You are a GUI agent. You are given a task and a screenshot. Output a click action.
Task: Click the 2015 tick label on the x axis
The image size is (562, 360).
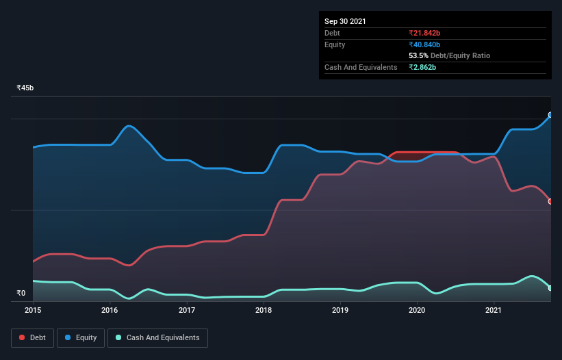coord(33,311)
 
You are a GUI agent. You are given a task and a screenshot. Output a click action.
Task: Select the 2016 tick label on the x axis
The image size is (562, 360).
coord(110,311)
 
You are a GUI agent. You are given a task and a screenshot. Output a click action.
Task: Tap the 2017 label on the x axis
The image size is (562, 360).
coord(187,311)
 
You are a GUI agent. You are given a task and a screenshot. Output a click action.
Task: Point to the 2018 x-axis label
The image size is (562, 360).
coord(264,311)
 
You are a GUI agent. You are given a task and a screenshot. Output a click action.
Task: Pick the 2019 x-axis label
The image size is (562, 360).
coord(341,311)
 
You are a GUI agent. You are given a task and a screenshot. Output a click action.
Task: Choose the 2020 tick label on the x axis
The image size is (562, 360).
coord(417,311)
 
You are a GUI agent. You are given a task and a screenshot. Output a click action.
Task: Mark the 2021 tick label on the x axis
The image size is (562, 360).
coord(494,311)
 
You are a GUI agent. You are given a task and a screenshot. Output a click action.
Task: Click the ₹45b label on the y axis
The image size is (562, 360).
coord(25,88)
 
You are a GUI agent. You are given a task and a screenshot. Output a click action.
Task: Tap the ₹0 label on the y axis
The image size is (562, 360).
coord(21,294)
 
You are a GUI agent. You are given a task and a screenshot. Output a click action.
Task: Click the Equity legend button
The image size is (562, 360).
coord(81,337)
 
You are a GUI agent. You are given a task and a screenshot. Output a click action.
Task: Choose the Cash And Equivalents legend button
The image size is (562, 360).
coord(157,337)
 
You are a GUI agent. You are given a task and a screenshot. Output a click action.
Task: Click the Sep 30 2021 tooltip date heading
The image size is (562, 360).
coord(345,21)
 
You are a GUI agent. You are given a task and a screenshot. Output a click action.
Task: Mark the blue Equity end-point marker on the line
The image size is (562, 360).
coord(550,115)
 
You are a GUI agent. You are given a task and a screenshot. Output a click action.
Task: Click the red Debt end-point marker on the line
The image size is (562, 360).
coord(550,201)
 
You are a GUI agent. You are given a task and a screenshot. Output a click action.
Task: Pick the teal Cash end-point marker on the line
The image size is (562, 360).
coord(550,288)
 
